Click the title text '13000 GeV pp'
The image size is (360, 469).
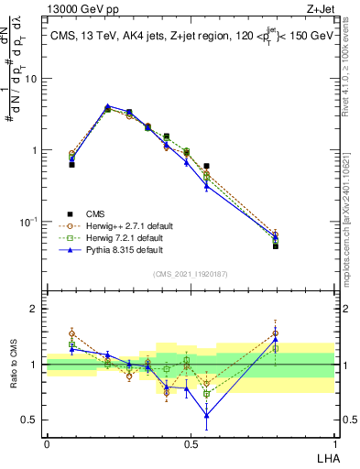pos(76,8)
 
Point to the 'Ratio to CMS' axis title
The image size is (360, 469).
pos(13,365)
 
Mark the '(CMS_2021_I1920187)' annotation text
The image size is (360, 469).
pos(191,273)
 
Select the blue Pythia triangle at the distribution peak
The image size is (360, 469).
pos(107,106)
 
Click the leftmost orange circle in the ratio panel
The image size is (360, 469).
pos(71,333)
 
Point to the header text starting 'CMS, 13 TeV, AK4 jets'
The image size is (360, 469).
pos(191,36)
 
